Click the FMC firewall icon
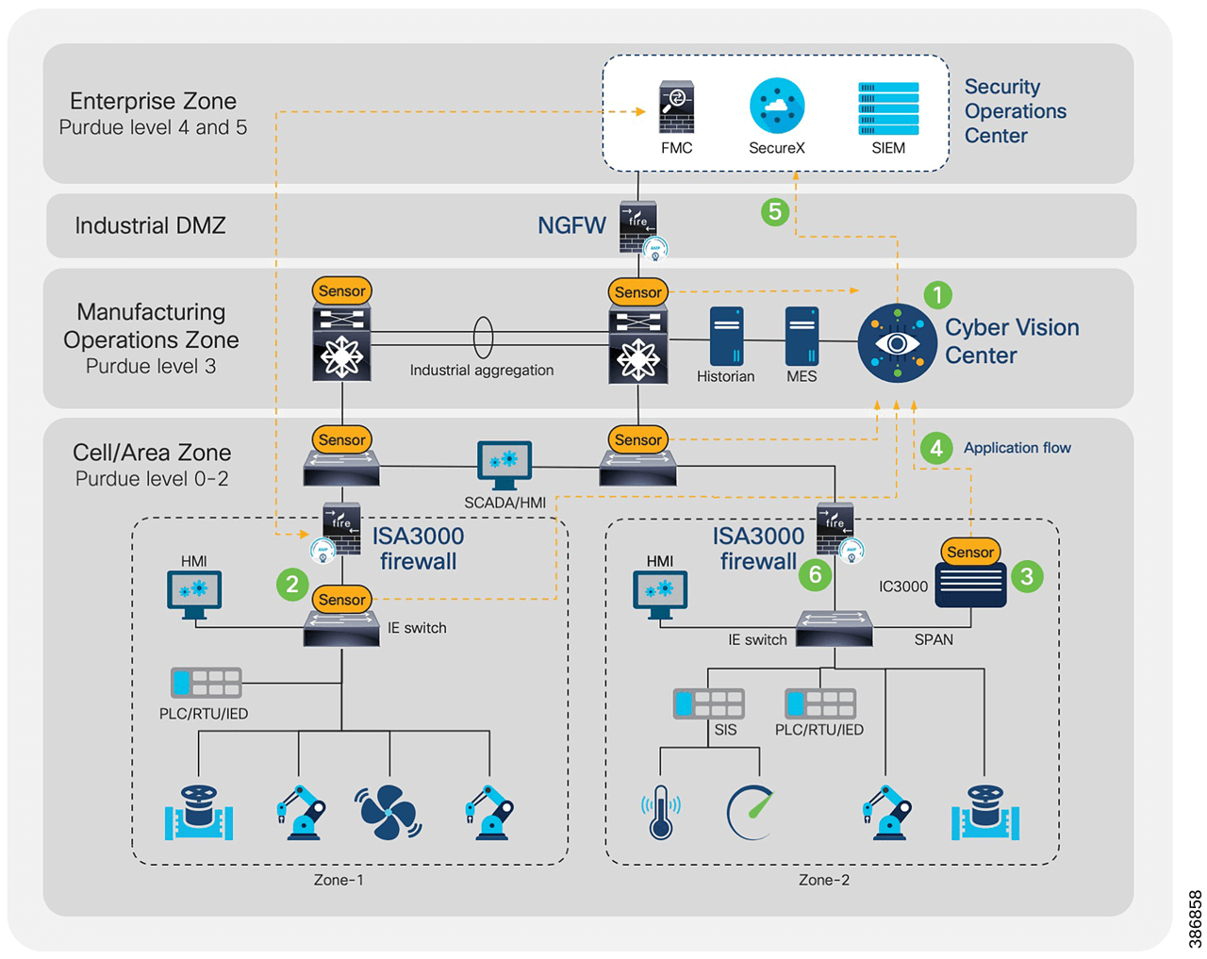pyautogui.click(x=676, y=107)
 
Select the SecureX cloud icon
pyautogui.click(x=776, y=106)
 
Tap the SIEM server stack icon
pyautogui.click(x=888, y=108)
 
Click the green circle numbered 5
pyautogui.click(x=775, y=211)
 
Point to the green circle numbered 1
pyautogui.click(x=937, y=295)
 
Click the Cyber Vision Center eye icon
pyautogui.click(x=897, y=343)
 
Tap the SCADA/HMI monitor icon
pyautogui.click(x=504, y=463)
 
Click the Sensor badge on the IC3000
pyautogui.click(x=970, y=552)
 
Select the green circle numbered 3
pyautogui.click(x=1027, y=576)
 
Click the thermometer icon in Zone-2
pyautogui.click(x=660, y=812)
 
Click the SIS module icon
pyautogui.click(x=708, y=703)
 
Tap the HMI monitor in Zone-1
pyautogui.click(x=194, y=593)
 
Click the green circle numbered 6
pyautogui.click(x=815, y=573)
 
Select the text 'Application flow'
pyautogui.click(x=1017, y=448)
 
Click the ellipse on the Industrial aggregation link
pyautogui.click(x=482, y=337)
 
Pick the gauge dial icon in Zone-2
pyautogui.click(x=752, y=812)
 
